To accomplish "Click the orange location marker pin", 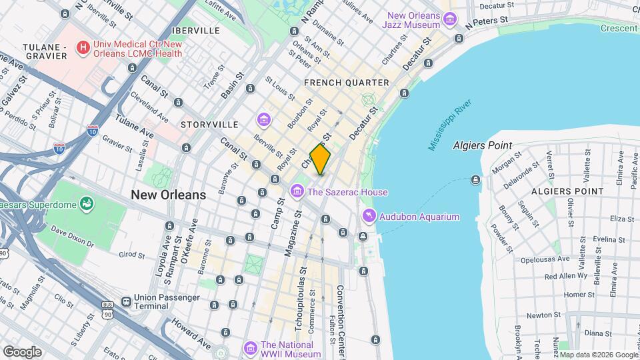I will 321,159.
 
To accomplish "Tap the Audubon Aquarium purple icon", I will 368,217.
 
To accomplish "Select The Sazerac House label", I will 347,193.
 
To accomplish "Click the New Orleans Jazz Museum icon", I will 451,19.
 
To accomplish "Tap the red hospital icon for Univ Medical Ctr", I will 83,47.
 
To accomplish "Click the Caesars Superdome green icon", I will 86,203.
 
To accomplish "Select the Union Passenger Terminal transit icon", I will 126,301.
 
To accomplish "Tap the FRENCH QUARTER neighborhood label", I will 346,83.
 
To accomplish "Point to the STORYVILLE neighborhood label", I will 209,125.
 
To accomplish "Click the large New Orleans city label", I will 169,195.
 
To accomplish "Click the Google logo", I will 22,351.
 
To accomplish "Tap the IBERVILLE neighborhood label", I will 195,31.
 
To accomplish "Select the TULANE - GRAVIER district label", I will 45,51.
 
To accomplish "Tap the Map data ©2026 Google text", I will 597,355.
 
